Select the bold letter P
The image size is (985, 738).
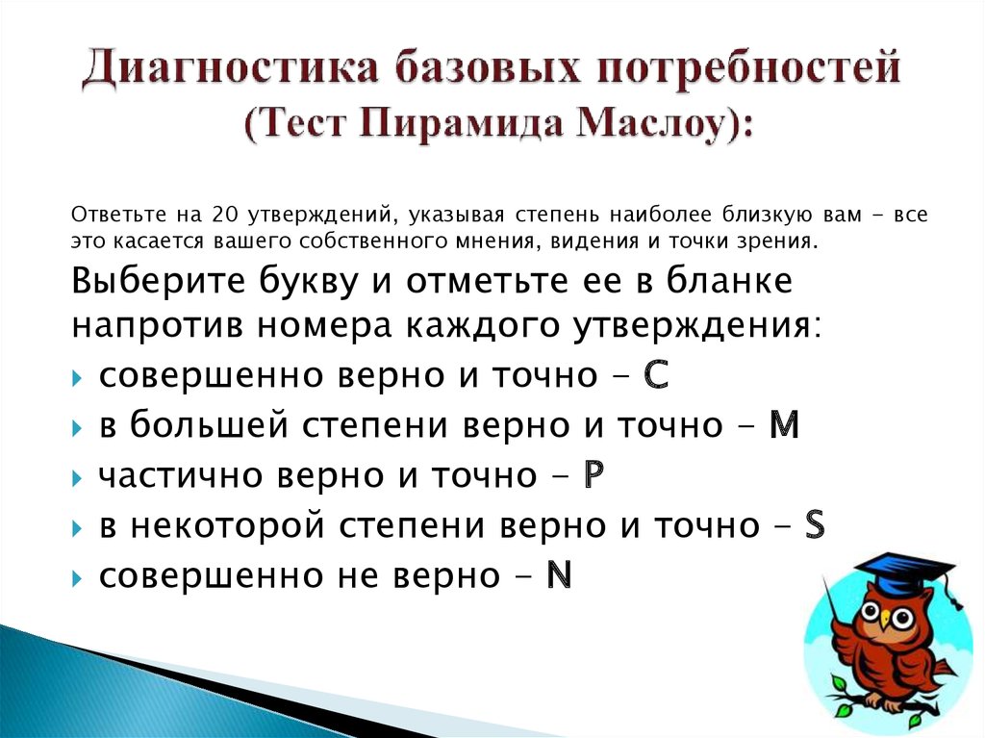pyautogui.click(x=594, y=475)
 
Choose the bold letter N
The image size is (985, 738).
pyautogui.click(x=558, y=575)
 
